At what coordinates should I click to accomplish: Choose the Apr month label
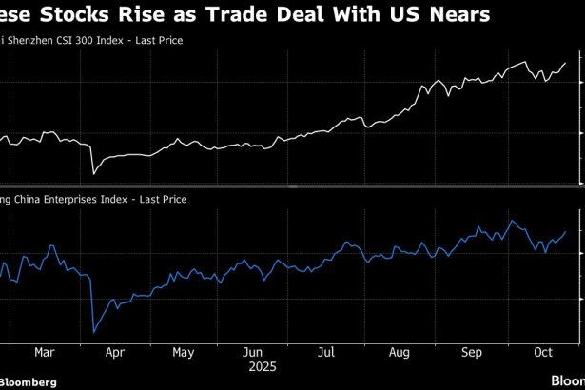pyautogui.click(x=115, y=351)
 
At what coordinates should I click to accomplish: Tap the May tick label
pyautogui.click(x=185, y=351)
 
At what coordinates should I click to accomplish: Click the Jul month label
pyautogui.click(x=326, y=351)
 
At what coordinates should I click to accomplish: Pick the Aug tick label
pyautogui.click(x=400, y=351)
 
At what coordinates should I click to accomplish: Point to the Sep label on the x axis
pyautogui.click(x=472, y=351)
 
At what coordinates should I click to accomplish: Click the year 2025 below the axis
pyautogui.click(x=261, y=364)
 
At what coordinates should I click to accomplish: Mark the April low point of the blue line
pyautogui.click(x=93, y=331)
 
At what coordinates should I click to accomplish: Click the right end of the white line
pyautogui.click(x=566, y=63)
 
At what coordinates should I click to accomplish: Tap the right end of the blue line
pyautogui.click(x=566, y=231)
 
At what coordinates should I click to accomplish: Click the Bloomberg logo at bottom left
pyautogui.click(x=29, y=381)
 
